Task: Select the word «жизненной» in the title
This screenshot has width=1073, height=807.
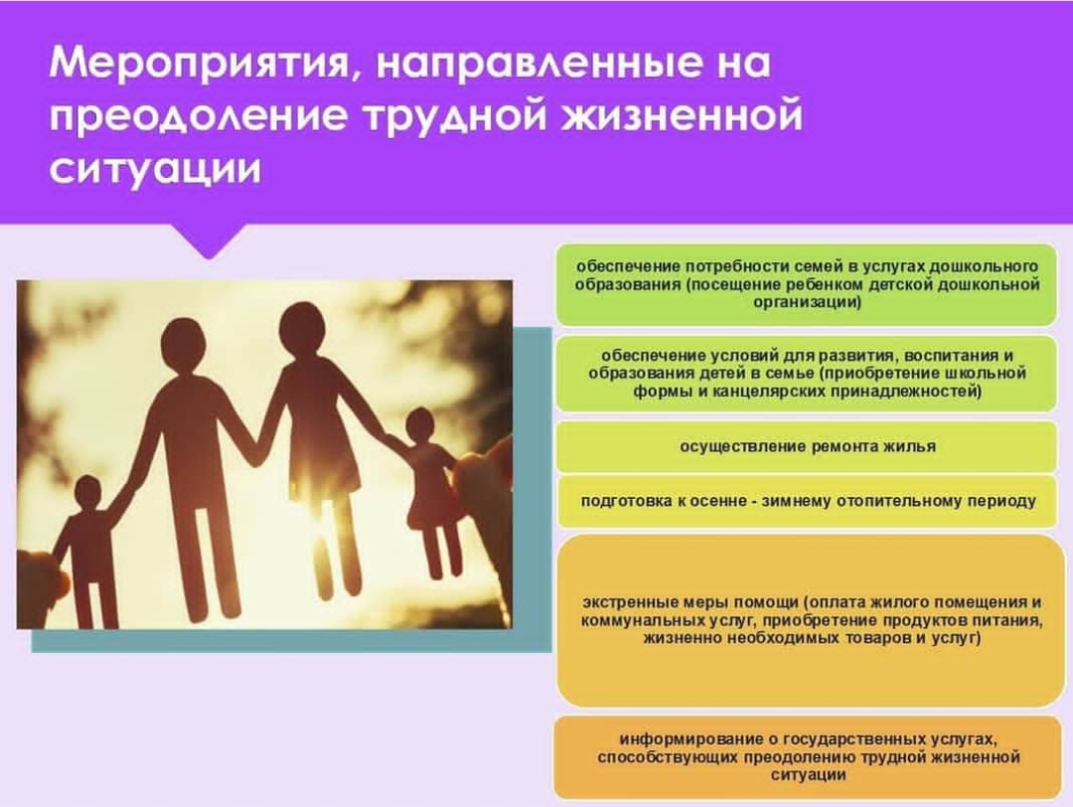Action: pos(682,115)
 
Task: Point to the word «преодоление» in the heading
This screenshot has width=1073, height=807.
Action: pos(198,115)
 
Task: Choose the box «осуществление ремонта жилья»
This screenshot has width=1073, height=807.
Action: pos(807,447)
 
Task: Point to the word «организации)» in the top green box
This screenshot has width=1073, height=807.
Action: pos(808,302)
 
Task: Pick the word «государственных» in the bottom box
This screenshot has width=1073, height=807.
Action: pos(853,740)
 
